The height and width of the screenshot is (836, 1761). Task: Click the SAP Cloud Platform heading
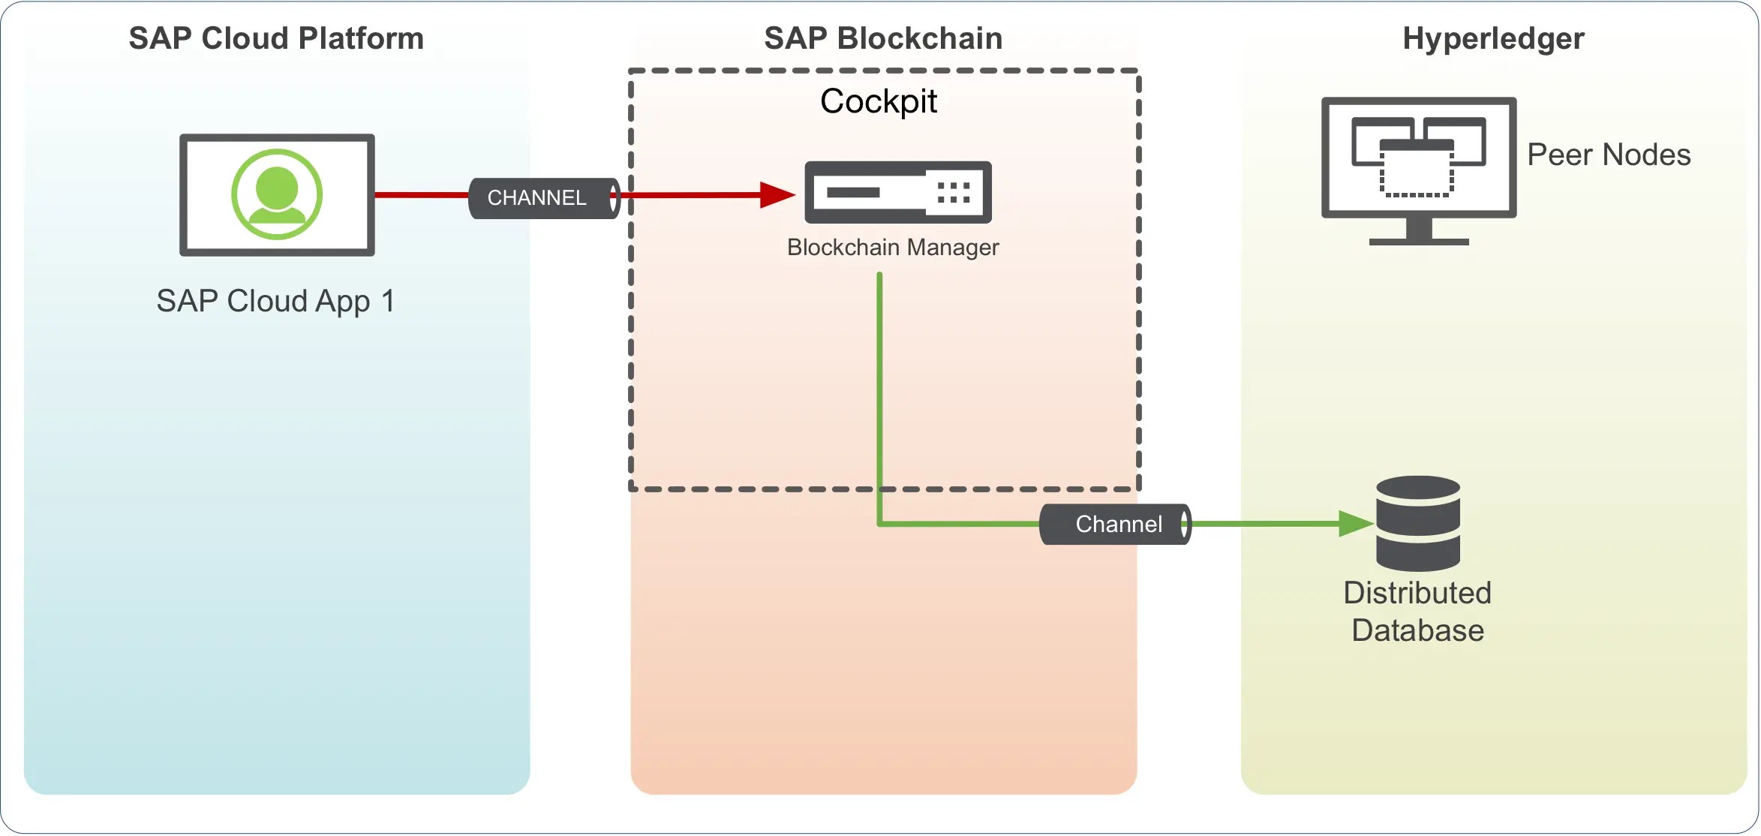(276, 38)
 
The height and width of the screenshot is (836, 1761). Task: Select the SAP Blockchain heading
(883, 38)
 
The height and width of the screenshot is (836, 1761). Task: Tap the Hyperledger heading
(1493, 38)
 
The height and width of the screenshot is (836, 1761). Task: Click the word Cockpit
(878, 101)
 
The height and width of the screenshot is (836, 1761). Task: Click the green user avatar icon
(277, 194)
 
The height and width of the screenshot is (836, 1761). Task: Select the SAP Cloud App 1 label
(275, 301)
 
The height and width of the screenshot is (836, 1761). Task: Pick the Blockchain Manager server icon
(897, 192)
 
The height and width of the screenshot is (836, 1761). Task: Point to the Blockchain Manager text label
(892, 248)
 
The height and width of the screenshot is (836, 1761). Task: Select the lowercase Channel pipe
(1115, 524)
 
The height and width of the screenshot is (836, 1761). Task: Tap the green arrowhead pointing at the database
(1355, 524)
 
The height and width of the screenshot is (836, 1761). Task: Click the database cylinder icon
(1418, 523)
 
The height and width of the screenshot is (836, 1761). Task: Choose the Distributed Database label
(1417, 612)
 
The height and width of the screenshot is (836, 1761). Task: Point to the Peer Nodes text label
(1609, 155)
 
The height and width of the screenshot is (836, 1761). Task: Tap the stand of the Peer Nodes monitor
(1419, 233)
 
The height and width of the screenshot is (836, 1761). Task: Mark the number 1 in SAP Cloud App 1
(387, 301)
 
